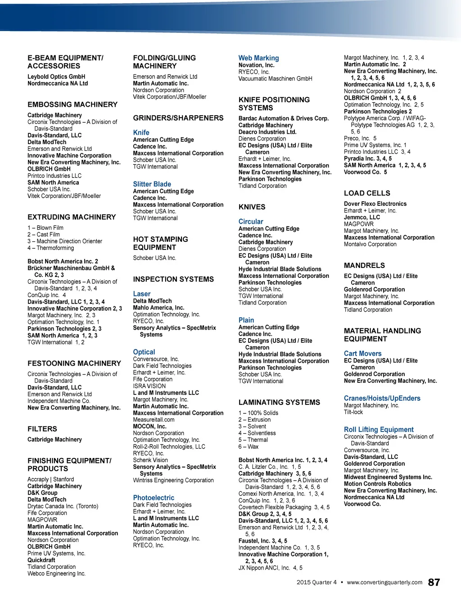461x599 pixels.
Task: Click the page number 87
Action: [434, 582]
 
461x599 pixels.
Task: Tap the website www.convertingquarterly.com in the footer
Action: [384, 582]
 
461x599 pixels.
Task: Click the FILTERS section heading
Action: [42, 429]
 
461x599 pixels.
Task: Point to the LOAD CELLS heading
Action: [367, 193]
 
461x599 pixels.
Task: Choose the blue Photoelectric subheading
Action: [154, 498]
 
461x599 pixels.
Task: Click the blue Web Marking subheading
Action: [258, 58]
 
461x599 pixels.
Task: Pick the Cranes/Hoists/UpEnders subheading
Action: [382, 398]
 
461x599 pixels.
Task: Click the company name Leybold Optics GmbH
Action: [56, 77]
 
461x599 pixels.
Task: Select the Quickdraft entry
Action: [41, 560]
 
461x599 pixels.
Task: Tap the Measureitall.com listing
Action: [154, 420]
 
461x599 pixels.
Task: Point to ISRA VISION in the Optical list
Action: [149, 386]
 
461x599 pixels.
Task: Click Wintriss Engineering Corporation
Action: [173, 481]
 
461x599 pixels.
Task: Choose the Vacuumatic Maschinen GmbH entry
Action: [275, 79]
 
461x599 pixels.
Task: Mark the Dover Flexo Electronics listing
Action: [375, 204]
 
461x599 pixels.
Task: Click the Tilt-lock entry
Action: [353, 412]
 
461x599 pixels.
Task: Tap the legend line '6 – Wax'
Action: [249, 447]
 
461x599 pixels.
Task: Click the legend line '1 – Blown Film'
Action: [45, 228]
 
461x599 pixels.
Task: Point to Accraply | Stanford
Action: [50, 479]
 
